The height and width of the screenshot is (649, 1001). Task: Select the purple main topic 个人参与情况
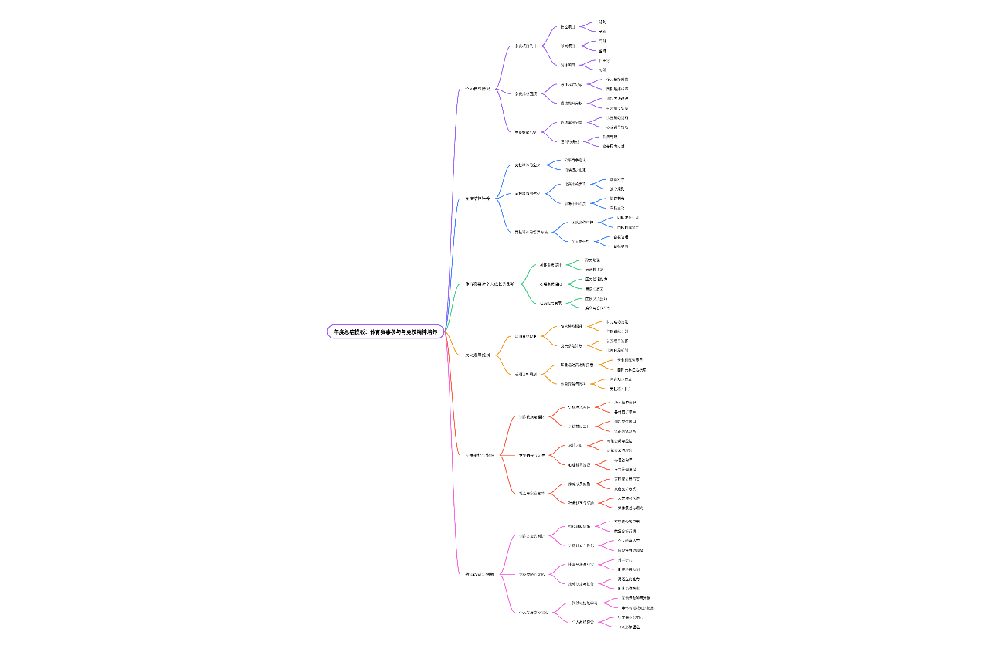(x=477, y=89)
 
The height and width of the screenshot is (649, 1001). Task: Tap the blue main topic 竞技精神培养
(x=477, y=199)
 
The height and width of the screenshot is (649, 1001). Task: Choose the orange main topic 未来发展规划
(x=477, y=355)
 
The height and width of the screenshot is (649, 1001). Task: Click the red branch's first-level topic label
(x=479, y=455)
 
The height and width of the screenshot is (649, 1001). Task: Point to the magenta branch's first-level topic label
(x=479, y=574)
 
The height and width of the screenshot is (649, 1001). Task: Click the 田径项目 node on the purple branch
(x=568, y=27)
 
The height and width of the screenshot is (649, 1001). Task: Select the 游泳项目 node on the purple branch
(x=568, y=46)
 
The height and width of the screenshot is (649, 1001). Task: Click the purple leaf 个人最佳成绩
(x=616, y=80)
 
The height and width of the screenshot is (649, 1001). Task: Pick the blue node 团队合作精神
(x=582, y=223)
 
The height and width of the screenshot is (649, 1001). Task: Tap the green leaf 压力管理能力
(x=596, y=279)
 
